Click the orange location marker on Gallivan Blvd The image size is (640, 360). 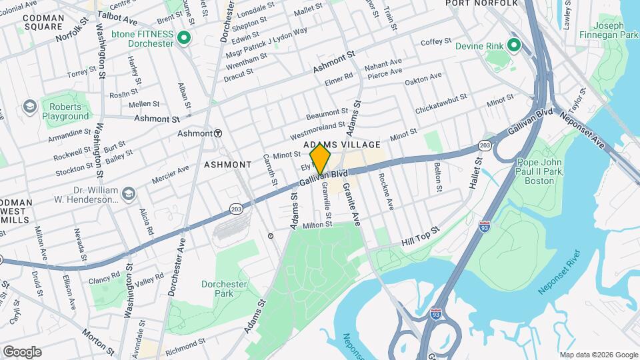321,159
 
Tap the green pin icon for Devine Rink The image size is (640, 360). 513,45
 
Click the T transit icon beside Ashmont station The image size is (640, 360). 217,133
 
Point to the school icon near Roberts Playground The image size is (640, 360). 29,107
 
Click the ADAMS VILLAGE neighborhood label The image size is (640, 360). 341,144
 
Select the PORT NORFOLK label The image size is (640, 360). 482,3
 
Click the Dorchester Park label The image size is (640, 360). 224,289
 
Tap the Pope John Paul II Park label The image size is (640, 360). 541,171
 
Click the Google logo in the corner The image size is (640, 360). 22,352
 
